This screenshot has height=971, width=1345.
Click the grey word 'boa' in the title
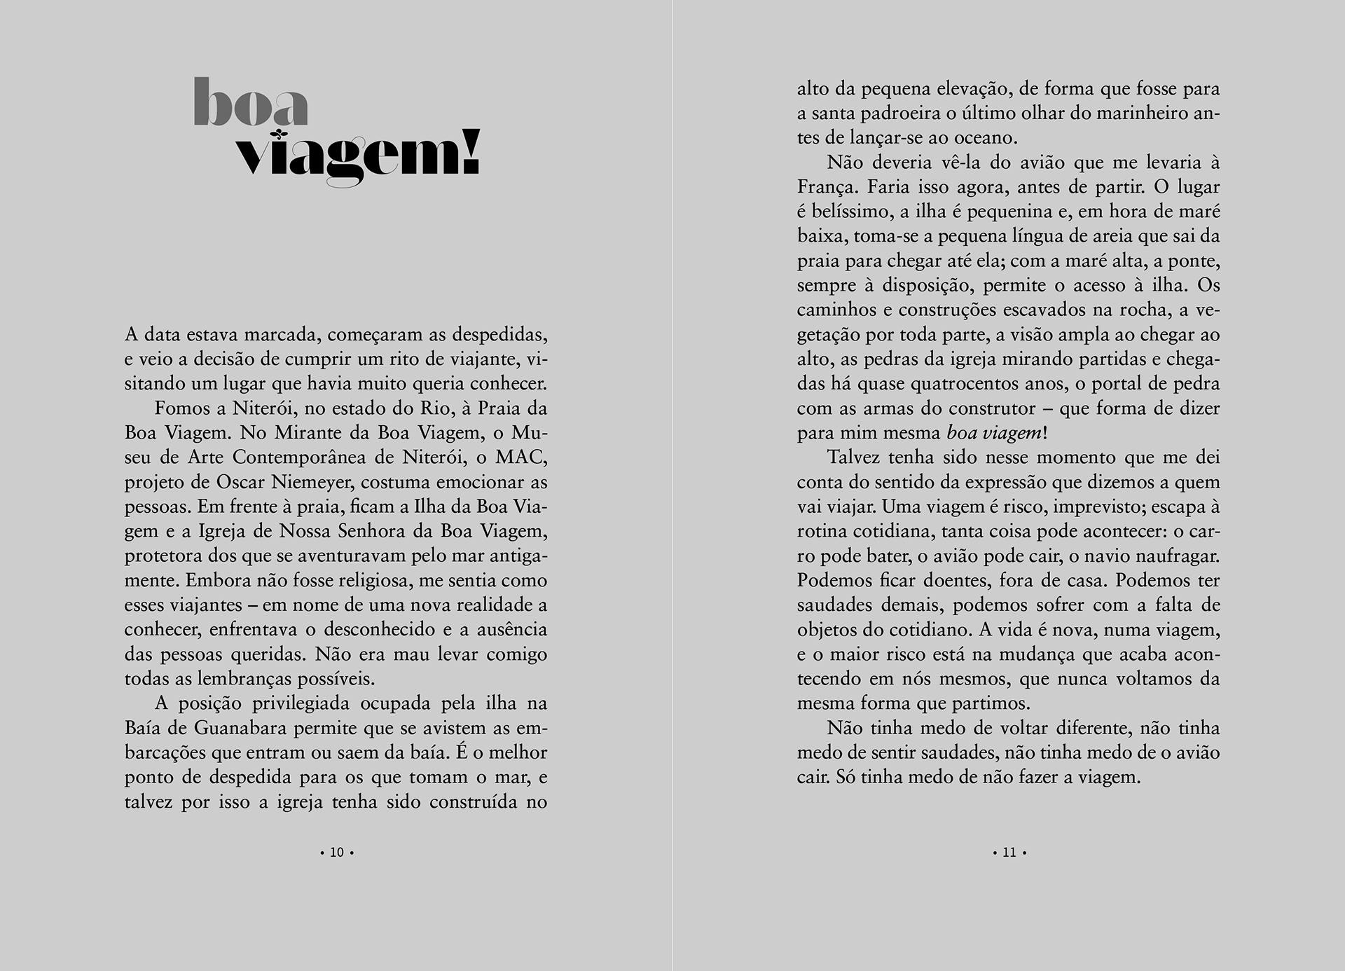251,103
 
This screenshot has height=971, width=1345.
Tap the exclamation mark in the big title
471,151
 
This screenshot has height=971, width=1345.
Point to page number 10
337,853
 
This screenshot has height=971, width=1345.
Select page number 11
1009,853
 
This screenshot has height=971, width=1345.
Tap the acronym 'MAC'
520,457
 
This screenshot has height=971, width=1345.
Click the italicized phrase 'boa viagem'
994,433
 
